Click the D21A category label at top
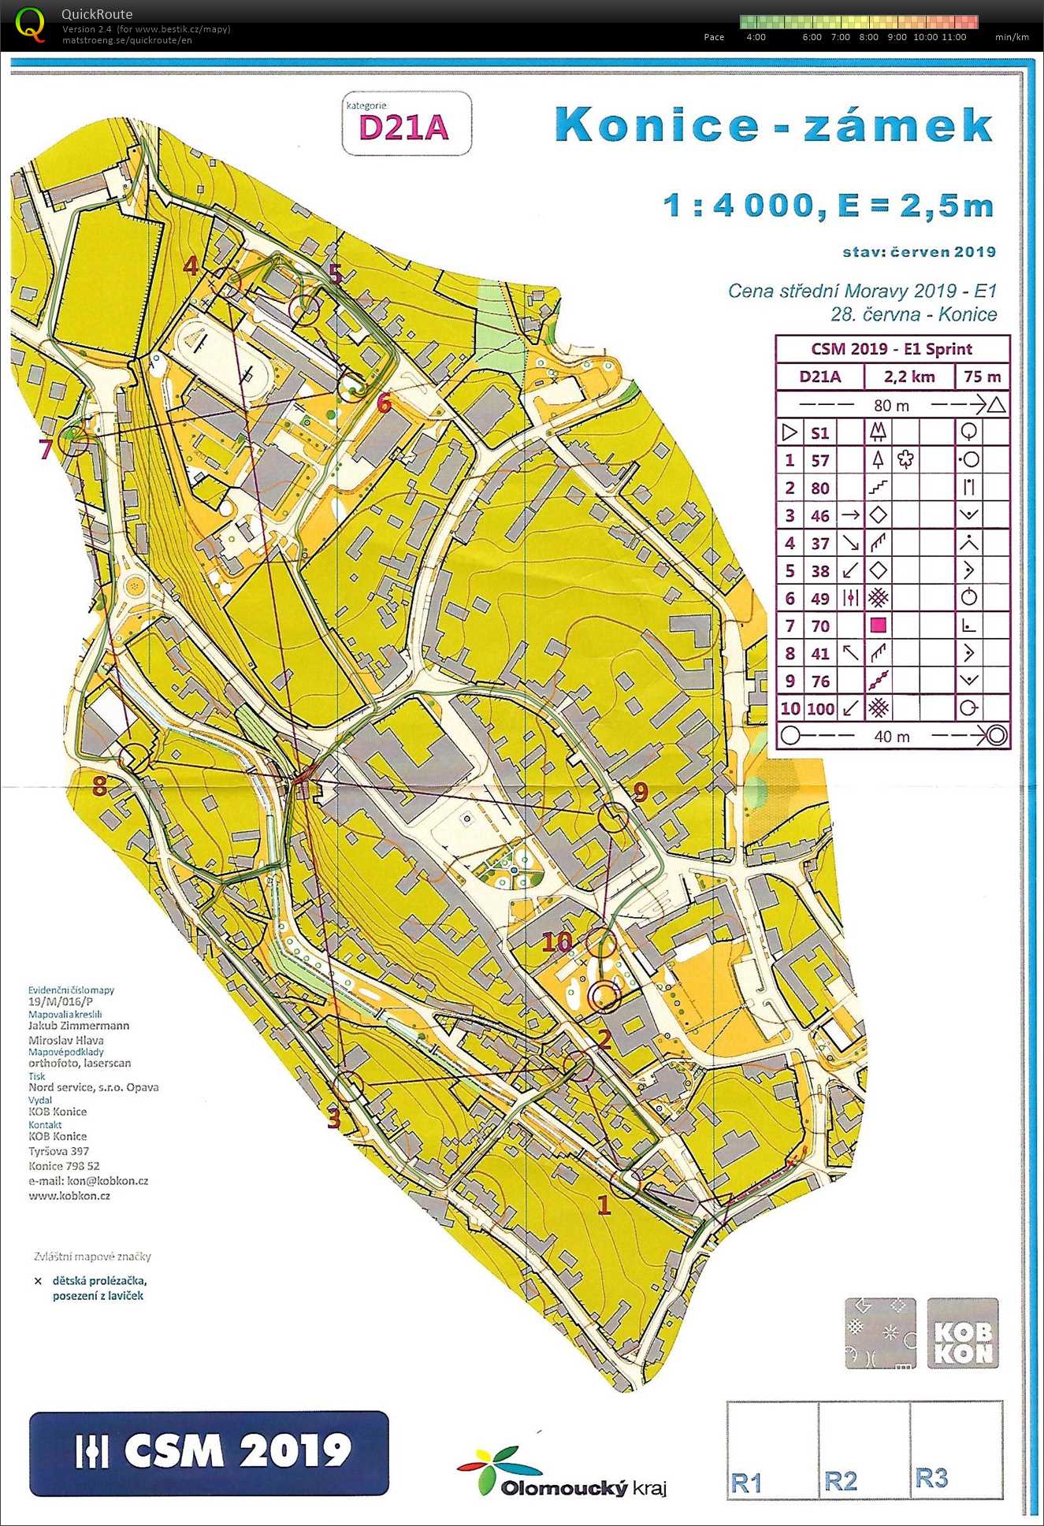403,127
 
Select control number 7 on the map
46,450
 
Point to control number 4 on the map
191,265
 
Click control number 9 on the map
640,792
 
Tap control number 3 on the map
333,1118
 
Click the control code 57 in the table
820,460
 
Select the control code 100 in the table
820,708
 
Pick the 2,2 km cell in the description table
908,377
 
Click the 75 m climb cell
982,377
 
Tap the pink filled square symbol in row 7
878,626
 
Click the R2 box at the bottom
840,1482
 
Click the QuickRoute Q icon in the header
30,24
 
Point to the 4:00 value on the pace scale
755,37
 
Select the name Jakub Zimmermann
79,1026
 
